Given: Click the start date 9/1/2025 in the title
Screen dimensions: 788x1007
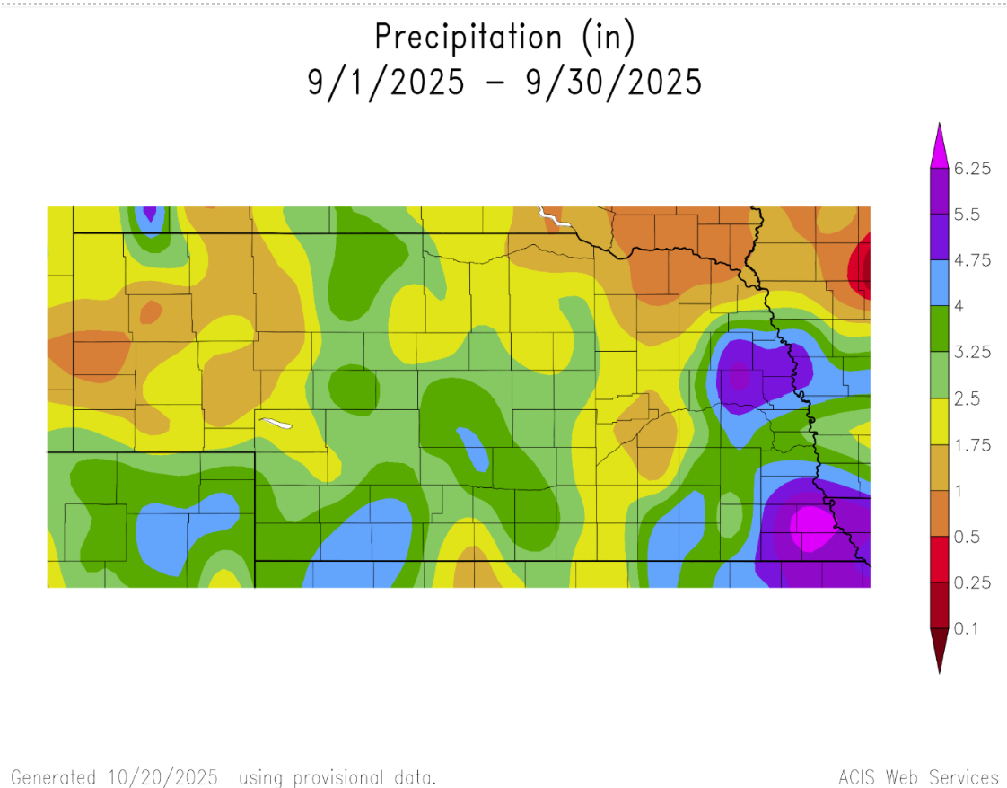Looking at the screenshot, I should (387, 83).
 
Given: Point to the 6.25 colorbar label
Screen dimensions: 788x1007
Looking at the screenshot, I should (972, 169).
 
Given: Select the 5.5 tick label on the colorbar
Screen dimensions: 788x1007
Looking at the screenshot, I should (966, 215).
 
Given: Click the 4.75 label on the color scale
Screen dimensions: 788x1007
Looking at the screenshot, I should (972, 260).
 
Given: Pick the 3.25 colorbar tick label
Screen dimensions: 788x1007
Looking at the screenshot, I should (972, 353).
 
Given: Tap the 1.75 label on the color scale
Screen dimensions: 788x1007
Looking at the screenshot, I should (972, 445).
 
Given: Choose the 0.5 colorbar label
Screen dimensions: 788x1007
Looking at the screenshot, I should (966, 537).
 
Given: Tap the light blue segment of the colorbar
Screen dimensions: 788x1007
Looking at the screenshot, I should (939, 284).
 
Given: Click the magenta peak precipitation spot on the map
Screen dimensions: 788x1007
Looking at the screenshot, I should (811, 526).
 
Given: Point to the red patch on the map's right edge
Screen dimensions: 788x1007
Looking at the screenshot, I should (863, 266).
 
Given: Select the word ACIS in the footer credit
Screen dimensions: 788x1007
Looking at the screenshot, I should (857, 777).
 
